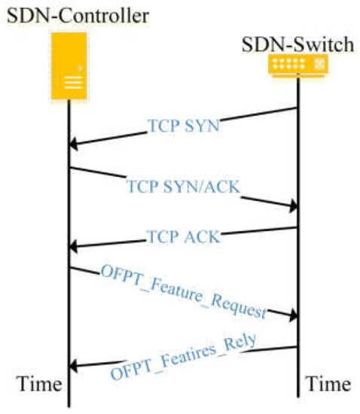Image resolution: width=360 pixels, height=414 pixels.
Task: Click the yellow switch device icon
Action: [299, 65]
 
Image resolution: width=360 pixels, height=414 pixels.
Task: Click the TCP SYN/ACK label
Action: [183, 187]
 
